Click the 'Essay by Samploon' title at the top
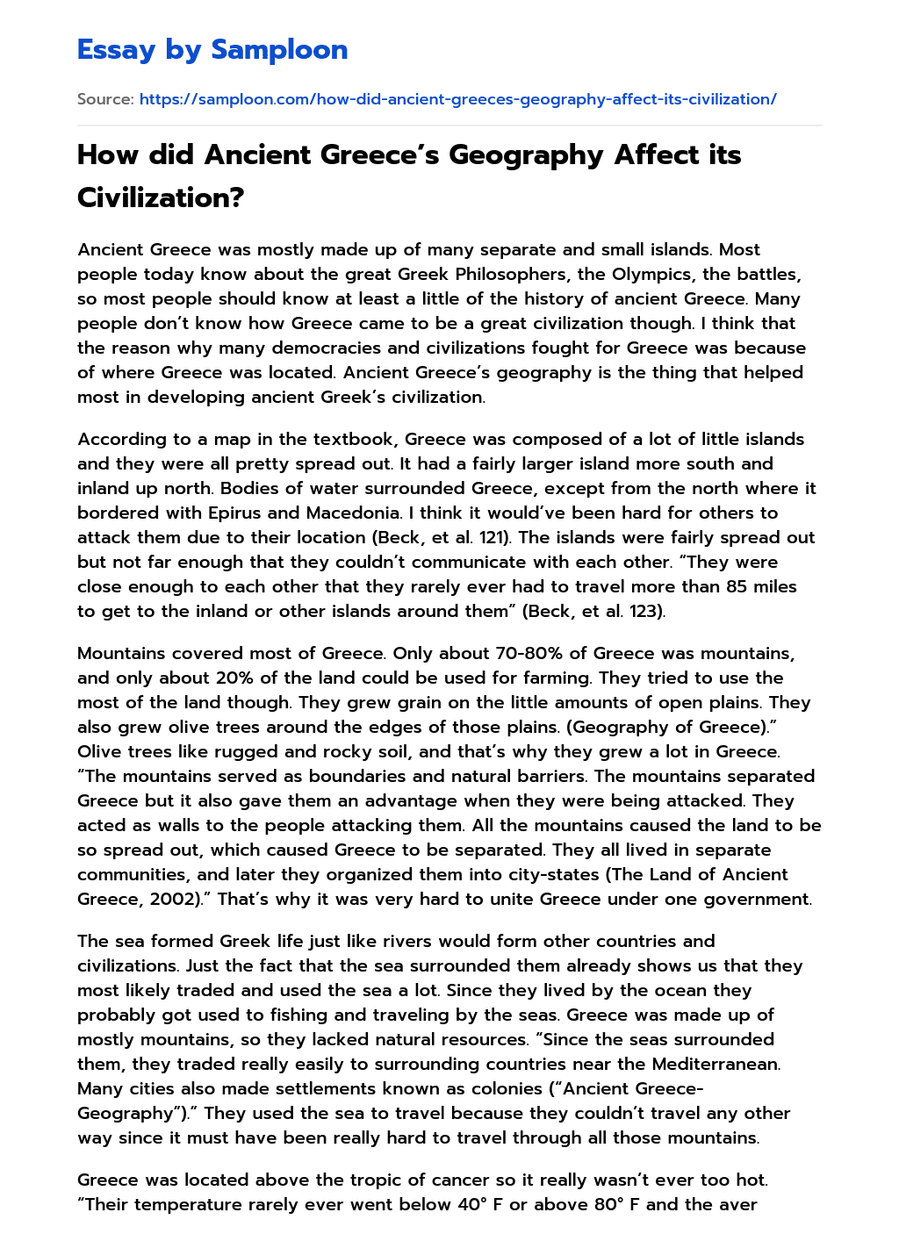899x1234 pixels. [x=212, y=50]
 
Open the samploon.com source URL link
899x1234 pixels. [x=457, y=99]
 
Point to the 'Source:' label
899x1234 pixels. [x=105, y=99]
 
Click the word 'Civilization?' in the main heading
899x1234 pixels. [x=160, y=197]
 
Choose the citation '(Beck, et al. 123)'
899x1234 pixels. [x=593, y=611]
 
